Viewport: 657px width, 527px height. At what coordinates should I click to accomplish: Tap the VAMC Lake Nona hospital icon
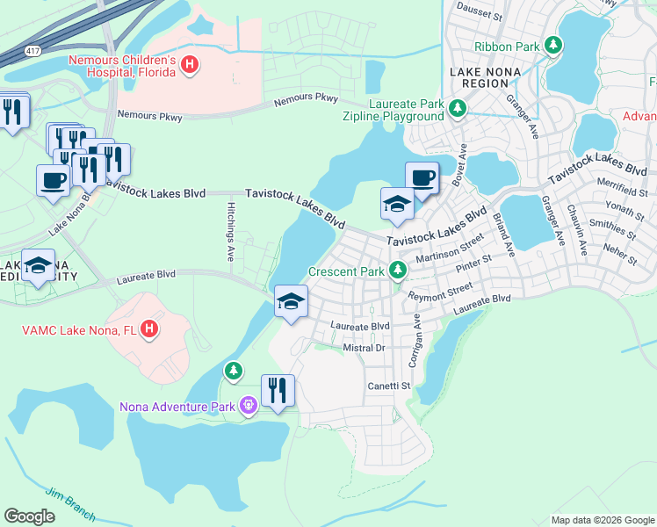[150, 330]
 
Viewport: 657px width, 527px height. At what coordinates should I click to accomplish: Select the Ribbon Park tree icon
[552, 45]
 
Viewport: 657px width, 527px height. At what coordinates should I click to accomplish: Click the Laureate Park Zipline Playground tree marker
[457, 109]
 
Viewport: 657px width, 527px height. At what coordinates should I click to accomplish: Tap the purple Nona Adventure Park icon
[249, 405]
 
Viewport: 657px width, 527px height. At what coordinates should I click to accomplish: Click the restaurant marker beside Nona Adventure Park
[278, 390]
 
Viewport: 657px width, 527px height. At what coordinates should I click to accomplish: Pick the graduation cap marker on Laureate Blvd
[291, 303]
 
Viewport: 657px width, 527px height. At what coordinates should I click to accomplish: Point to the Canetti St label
[389, 386]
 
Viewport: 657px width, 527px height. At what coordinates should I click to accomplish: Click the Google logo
[30, 516]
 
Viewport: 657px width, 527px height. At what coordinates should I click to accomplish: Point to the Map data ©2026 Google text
[602, 520]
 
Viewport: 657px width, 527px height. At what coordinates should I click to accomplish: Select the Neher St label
[621, 261]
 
